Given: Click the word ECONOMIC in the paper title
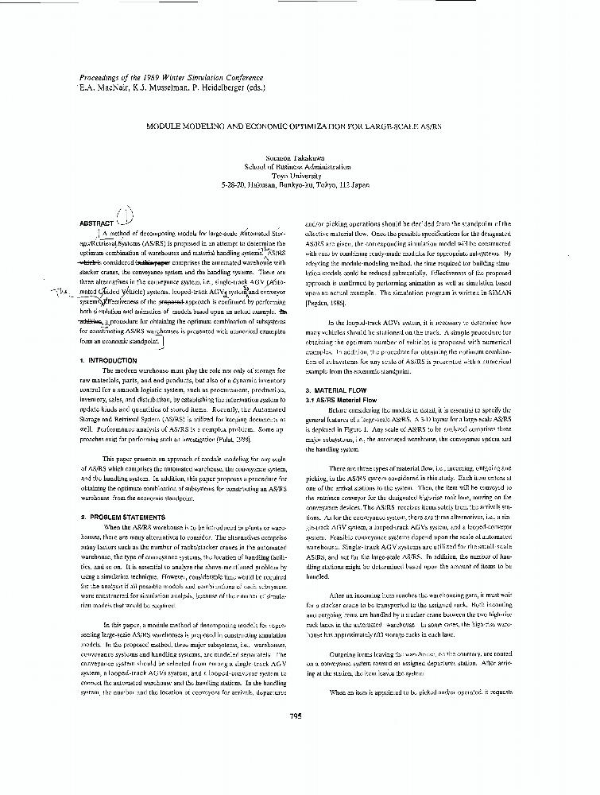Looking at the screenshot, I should click(257, 126).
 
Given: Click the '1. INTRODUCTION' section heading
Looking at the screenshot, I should click(109, 360).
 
